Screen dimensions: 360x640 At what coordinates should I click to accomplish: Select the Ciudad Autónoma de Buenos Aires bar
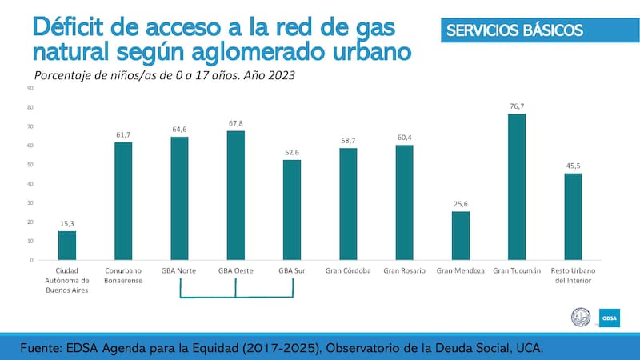tap(67, 246)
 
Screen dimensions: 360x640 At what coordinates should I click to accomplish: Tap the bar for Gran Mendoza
tap(460, 236)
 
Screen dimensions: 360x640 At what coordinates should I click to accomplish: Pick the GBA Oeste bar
tap(236, 196)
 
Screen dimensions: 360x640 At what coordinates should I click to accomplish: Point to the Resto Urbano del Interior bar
tap(573, 217)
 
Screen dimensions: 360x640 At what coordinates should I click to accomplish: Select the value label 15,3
tap(67, 223)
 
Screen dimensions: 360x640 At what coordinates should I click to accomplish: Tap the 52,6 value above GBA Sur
tap(292, 153)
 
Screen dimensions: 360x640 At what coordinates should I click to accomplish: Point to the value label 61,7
tap(123, 135)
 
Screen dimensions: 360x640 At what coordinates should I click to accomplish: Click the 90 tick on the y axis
tap(30, 88)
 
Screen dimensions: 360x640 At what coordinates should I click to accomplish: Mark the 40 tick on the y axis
tap(30, 184)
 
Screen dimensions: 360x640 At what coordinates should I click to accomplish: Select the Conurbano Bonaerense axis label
tap(123, 275)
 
